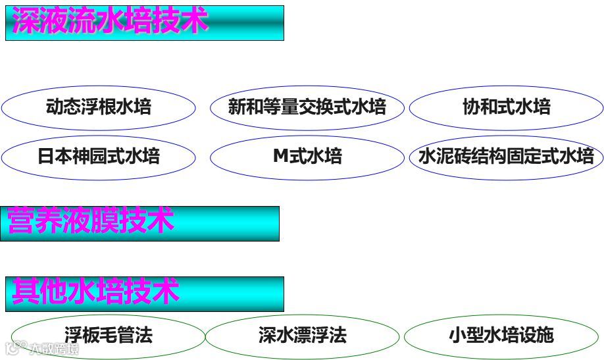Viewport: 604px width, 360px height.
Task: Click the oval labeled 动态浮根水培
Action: (99, 107)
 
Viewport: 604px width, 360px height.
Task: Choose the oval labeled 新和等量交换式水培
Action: (307, 107)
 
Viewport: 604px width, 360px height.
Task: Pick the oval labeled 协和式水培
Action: (506, 107)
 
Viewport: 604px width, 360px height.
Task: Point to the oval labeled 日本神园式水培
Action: (99, 157)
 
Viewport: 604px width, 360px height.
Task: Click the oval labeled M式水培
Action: (307, 157)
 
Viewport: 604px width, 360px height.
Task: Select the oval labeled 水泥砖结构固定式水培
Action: (506, 157)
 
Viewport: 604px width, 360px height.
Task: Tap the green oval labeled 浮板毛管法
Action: (109, 336)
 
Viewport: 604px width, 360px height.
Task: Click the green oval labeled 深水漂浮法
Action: (303, 336)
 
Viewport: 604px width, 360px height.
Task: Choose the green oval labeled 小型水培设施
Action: (501, 336)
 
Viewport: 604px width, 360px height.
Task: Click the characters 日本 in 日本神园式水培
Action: (55, 157)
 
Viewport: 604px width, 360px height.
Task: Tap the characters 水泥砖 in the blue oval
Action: (444, 157)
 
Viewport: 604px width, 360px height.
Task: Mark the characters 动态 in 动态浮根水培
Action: (63, 107)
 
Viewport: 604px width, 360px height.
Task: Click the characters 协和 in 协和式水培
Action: (479, 107)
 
